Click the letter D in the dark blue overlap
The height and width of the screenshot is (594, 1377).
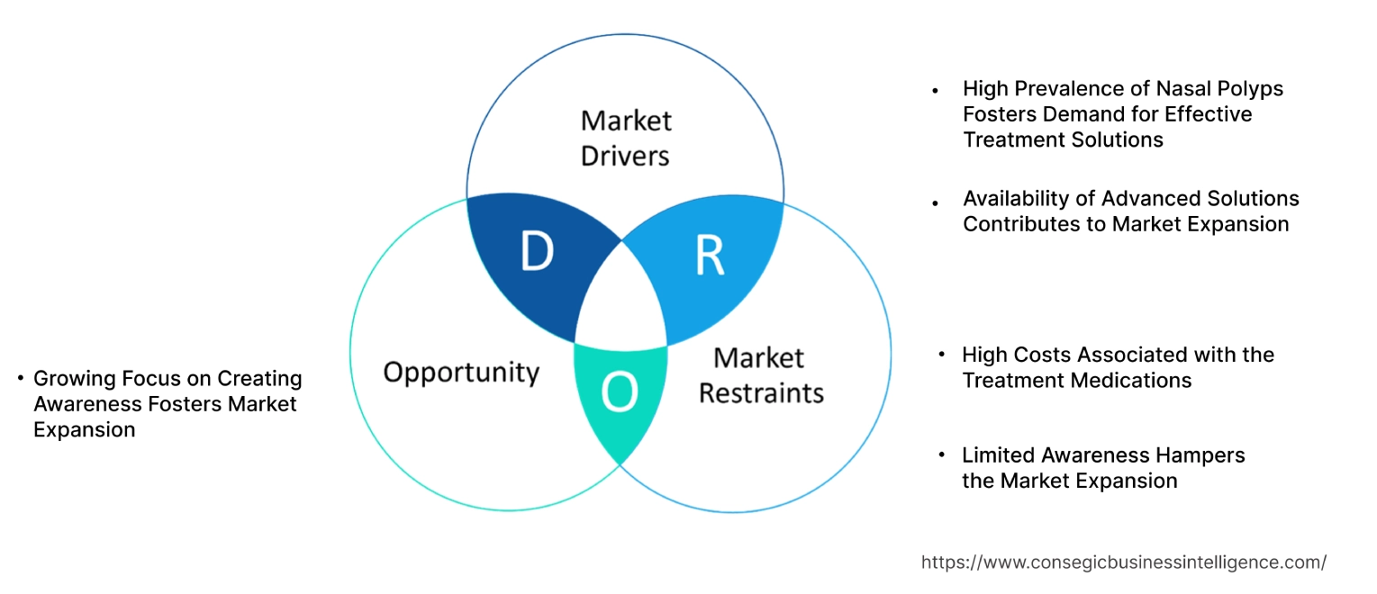coord(537,253)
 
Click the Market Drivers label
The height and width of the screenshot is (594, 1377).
coord(626,138)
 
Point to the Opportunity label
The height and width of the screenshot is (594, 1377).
coord(461,372)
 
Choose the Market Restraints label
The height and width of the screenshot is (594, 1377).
coord(761,375)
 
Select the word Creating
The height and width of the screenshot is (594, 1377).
coord(260,378)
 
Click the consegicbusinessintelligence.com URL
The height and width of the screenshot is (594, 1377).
coord(1123,562)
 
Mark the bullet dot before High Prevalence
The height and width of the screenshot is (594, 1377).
coord(936,90)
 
